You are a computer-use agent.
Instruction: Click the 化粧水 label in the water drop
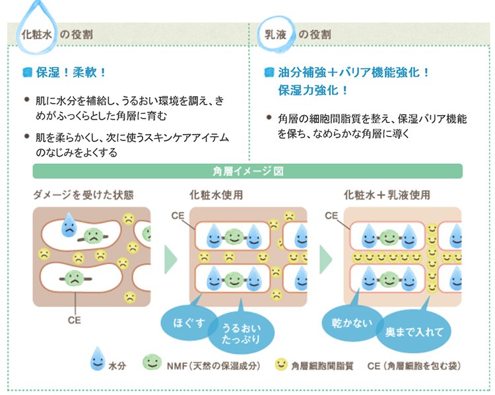(37, 33)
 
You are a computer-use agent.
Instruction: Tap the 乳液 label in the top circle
(276, 33)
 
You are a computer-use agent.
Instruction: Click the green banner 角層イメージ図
(247, 171)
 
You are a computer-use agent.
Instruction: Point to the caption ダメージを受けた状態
(83, 195)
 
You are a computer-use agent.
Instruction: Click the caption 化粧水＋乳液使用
(387, 195)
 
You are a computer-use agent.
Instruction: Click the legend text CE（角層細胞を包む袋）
(414, 365)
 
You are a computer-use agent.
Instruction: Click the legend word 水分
(116, 365)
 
